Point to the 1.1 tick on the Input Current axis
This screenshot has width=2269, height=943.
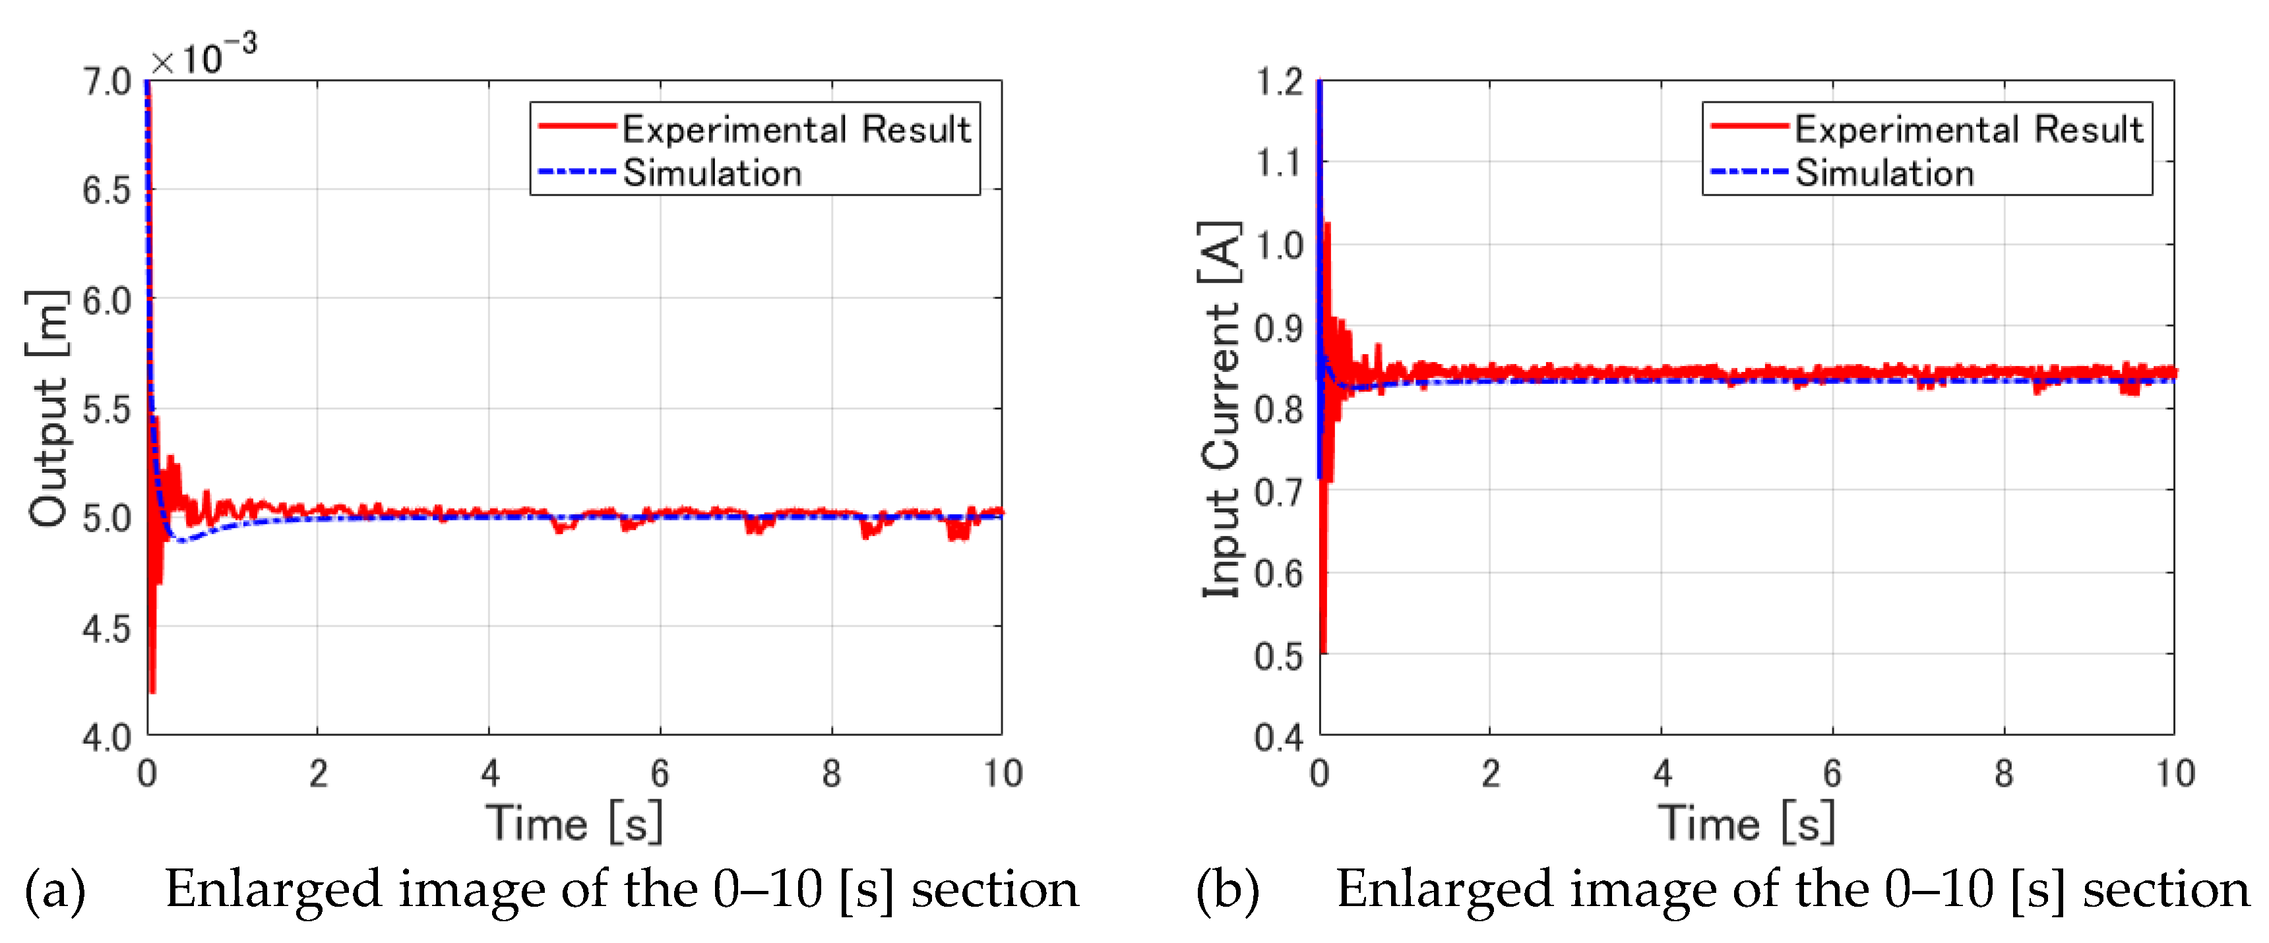(x=1278, y=163)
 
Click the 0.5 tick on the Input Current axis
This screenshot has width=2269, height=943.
(x=1278, y=656)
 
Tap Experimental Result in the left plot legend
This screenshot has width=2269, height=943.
(x=795, y=129)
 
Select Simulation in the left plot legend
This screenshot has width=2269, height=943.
(x=712, y=173)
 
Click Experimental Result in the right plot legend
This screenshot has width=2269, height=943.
(x=1968, y=129)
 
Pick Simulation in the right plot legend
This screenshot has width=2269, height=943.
(x=1884, y=173)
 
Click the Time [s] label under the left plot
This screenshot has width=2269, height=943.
(x=573, y=823)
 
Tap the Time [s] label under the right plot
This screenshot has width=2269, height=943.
(x=1746, y=823)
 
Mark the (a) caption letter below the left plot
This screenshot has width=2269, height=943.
(x=55, y=890)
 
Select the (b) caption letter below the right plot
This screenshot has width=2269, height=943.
(x=1227, y=890)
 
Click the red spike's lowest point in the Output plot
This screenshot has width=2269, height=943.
(x=152, y=691)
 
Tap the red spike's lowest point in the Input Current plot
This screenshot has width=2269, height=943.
(x=1324, y=651)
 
